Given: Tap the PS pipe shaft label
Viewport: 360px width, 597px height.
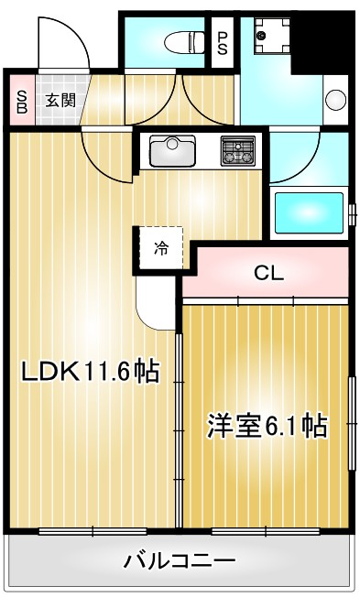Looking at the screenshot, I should pyautogui.click(x=223, y=41).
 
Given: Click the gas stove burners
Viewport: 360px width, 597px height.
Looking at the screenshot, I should pyautogui.click(x=240, y=149).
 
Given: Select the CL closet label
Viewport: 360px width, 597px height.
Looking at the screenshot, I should pyautogui.click(x=268, y=272).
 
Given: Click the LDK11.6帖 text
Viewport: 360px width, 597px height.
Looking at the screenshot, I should pyautogui.click(x=90, y=372).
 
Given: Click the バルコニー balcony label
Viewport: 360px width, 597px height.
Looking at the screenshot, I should pyautogui.click(x=180, y=560).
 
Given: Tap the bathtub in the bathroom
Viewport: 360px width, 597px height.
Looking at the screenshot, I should pyautogui.click(x=309, y=212).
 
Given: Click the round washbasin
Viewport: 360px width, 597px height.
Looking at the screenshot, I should pyautogui.click(x=334, y=98).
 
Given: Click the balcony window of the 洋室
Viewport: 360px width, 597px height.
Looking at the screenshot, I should pyautogui.click(x=267, y=530).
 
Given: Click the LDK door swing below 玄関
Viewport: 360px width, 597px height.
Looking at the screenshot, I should pyautogui.click(x=104, y=147).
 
